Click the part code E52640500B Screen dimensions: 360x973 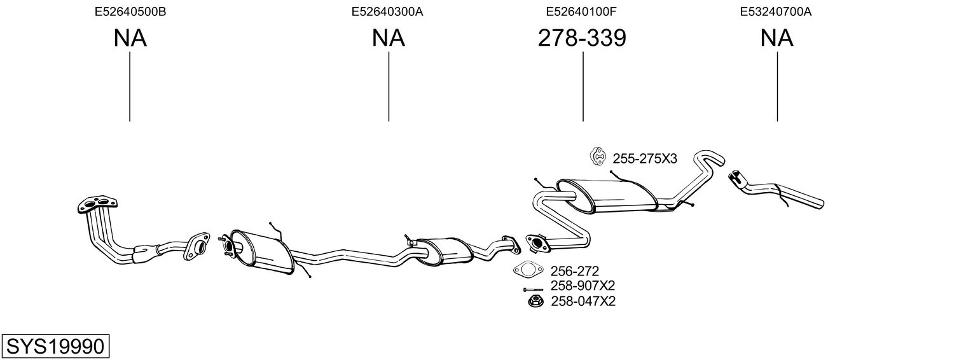tap(130, 11)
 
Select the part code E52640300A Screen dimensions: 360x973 tap(387, 11)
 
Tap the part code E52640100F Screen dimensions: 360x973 tap(582, 11)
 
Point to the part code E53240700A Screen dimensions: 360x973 tap(776, 11)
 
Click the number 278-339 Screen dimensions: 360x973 tap(582, 38)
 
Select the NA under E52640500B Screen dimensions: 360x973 tap(130, 38)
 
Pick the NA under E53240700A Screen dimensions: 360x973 tap(776, 38)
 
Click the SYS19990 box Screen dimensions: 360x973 tap(55, 347)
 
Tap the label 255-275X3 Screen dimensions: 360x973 tap(645, 159)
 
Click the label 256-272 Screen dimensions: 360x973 tap(575, 271)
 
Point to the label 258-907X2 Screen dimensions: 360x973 tap(583, 286)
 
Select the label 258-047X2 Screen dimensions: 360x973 tap(583, 301)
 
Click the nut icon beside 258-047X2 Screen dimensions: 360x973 tap(534, 301)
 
